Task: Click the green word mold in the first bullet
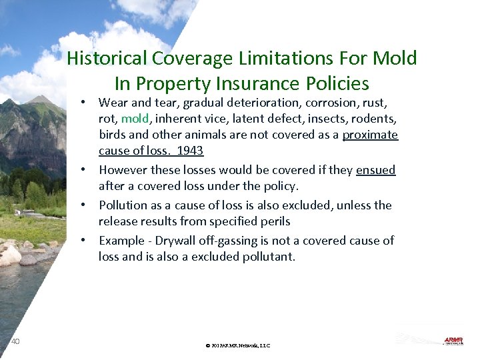(135, 119)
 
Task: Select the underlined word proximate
(370, 135)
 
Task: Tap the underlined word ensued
(375, 170)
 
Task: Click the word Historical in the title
(107, 59)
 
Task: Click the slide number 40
(15, 341)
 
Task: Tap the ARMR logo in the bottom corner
(453, 341)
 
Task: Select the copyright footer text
(238, 345)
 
